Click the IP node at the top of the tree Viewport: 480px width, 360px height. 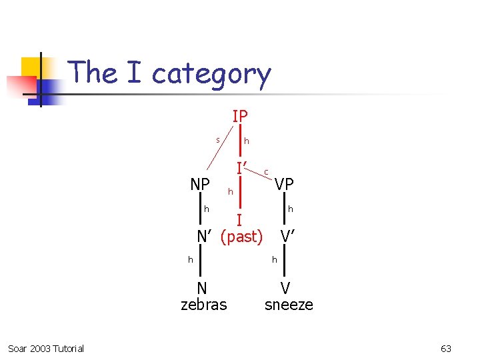pos(240,116)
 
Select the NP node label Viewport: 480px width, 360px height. pos(200,184)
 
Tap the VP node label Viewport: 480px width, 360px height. pos(284,184)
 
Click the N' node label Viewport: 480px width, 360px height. pos(205,236)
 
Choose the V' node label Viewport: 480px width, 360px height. pos(288,236)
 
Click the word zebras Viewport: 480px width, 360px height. pos(204,305)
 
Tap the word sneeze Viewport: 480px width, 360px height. pos(289,305)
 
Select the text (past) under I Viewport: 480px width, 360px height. pos(241,236)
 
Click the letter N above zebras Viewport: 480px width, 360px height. pos(202,288)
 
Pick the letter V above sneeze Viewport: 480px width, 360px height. pos(285,288)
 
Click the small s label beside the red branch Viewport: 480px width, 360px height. pos(217,139)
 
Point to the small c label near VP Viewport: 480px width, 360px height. pos(266,172)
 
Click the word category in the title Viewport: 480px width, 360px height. pos(211,73)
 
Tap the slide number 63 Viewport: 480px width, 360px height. pos(446,349)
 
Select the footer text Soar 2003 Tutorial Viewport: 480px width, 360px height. pos(46,349)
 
